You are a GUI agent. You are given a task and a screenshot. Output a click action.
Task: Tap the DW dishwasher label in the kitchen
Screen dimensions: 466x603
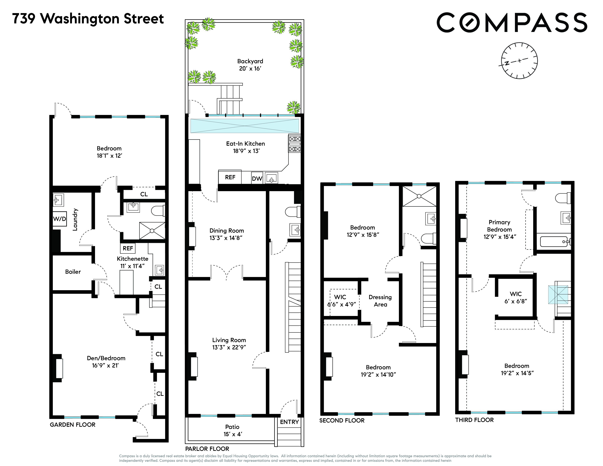point(257,179)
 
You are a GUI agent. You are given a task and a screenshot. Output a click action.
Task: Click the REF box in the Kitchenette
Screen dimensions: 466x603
point(128,248)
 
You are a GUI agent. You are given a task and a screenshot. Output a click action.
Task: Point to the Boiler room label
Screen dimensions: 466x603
point(73,272)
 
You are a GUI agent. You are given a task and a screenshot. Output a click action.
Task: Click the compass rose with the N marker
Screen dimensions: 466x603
point(519,61)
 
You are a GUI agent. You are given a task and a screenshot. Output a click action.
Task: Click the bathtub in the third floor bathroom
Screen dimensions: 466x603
point(554,242)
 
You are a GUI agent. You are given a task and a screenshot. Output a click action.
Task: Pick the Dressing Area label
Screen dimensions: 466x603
point(380,301)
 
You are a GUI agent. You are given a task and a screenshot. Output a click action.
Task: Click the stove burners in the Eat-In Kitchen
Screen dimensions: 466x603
point(295,144)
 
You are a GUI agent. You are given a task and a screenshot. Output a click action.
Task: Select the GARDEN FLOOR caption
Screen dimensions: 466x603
point(73,425)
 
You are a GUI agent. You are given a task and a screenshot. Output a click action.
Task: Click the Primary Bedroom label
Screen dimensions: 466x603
point(499,229)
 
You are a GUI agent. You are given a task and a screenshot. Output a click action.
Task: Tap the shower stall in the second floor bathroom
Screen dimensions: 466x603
point(419,196)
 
